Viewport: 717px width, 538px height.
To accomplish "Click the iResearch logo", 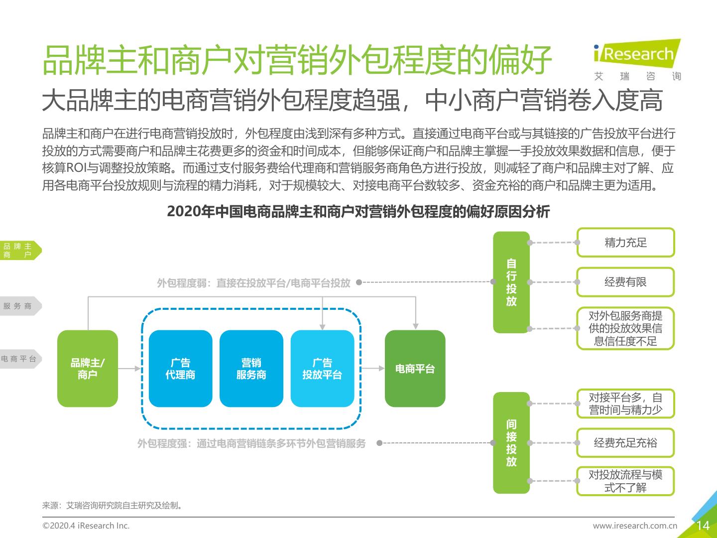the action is pyautogui.click(x=637, y=60).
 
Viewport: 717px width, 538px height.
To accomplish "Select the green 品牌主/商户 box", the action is pyautogui.click(x=88, y=369).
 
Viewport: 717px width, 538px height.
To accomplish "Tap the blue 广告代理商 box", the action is pyautogui.click(x=180, y=369).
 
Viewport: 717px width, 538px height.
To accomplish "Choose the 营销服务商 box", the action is pyautogui.click(x=251, y=369).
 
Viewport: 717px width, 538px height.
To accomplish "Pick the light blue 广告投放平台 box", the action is pyautogui.click(x=322, y=369).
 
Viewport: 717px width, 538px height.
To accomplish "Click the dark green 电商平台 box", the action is pyautogui.click(x=415, y=369).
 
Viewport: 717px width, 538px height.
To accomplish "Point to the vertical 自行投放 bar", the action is pyautogui.click(x=511, y=282).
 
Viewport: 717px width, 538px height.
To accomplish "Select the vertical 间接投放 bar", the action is pyautogui.click(x=511, y=443).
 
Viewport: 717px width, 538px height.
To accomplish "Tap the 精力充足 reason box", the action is pyautogui.click(x=625, y=243).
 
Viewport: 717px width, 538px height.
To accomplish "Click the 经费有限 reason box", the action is pyautogui.click(x=625, y=282).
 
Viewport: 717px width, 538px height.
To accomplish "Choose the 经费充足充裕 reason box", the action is pyautogui.click(x=625, y=443).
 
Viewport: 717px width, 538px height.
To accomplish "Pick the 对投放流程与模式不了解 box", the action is pyautogui.click(x=625, y=481).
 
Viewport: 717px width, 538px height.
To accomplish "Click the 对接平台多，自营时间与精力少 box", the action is pyautogui.click(x=625, y=403).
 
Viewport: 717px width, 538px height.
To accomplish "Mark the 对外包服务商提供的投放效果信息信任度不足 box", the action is pyautogui.click(x=625, y=328).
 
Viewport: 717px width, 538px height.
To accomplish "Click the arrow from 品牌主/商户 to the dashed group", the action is pyautogui.click(x=129, y=369).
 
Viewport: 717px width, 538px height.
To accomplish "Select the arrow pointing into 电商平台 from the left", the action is pyautogui.click(x=373, y=369).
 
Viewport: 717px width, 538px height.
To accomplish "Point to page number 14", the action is pyautogui.click(x=703, y=526).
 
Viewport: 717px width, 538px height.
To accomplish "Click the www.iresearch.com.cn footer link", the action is pyautogui.click(x=635, y=526).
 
